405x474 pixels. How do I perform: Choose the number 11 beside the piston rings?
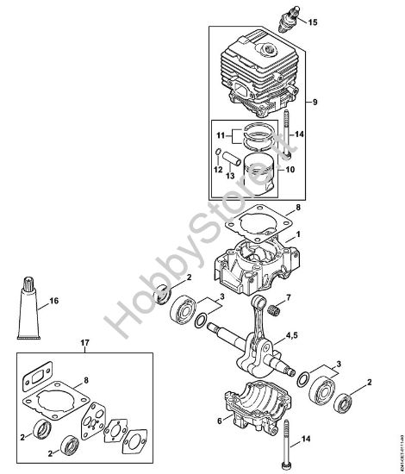(221, 136)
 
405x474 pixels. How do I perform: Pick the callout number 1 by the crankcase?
(298, 234)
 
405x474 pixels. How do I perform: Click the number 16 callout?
(54, 302)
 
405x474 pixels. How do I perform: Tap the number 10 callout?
(290, 170)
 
